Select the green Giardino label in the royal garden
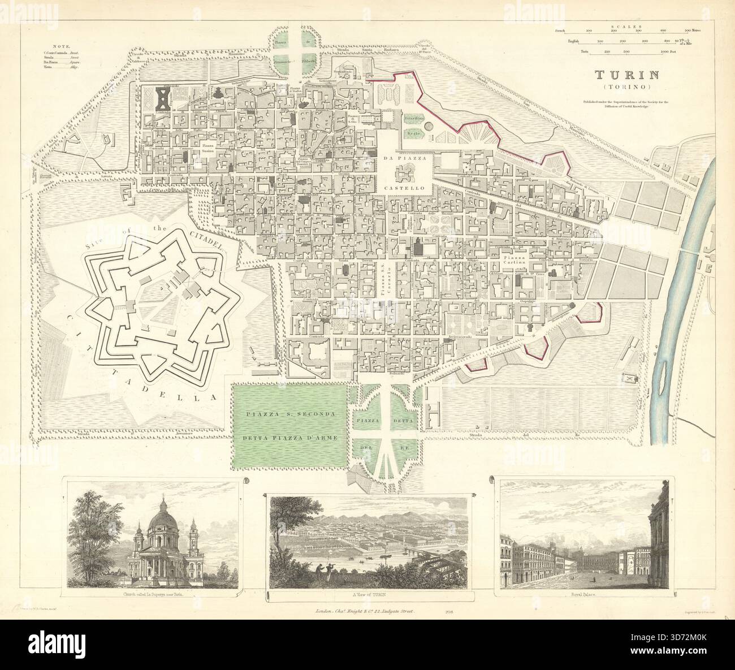(x=417, y=118)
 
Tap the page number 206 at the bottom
(x=449, y=612)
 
